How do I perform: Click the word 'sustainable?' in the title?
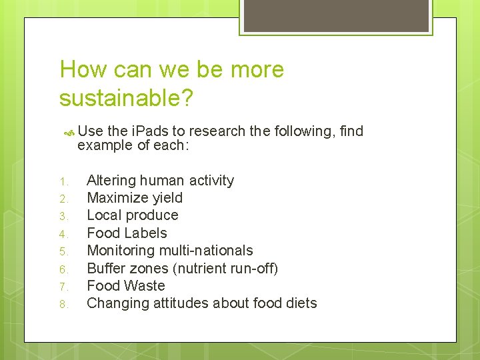click(x=126, y=98)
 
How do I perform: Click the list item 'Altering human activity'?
click(x=160, y=181)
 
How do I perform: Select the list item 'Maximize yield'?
click(x=135, y=198)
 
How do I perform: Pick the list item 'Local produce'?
click(x=133, y=215)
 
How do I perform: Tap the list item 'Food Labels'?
click(x=127, y=233)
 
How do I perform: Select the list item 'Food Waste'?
click(x=125, y=285)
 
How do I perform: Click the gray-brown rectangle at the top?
click(x=335, y=15)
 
